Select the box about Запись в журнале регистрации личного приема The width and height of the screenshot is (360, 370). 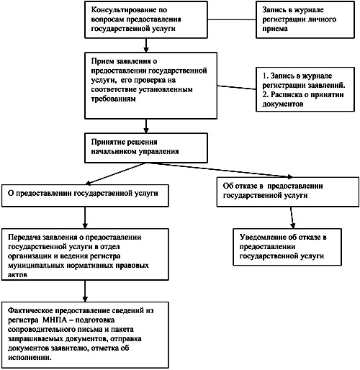[x=305, y=19]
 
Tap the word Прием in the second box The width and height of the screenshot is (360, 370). [x=102, y=61]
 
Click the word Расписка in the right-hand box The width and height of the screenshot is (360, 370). [x=287, y=94]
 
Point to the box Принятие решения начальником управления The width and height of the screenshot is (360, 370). [x=146, y=148]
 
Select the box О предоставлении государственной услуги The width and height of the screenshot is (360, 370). [x=85, y=196]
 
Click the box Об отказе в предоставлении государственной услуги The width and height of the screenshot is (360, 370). [x=288, y=191]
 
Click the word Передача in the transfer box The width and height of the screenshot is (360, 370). [x=24, y=237]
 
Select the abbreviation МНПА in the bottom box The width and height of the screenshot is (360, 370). [x=55, y=320]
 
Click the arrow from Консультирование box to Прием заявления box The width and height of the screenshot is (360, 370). [x=146, y=45]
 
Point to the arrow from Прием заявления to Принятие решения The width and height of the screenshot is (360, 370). [x=146, y=126]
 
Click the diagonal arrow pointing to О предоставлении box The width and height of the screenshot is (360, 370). [x=115, y=174]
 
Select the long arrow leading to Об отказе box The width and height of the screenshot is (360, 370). [x=220, y=170]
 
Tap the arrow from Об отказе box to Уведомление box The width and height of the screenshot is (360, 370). [x=292, y=217]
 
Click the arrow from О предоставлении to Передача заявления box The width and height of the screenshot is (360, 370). [x=85, y=217]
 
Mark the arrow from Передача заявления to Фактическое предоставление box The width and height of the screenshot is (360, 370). [x=85, y=291]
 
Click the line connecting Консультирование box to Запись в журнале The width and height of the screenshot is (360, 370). [x=232, y=19]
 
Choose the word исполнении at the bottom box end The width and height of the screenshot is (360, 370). [x=30, y=358]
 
